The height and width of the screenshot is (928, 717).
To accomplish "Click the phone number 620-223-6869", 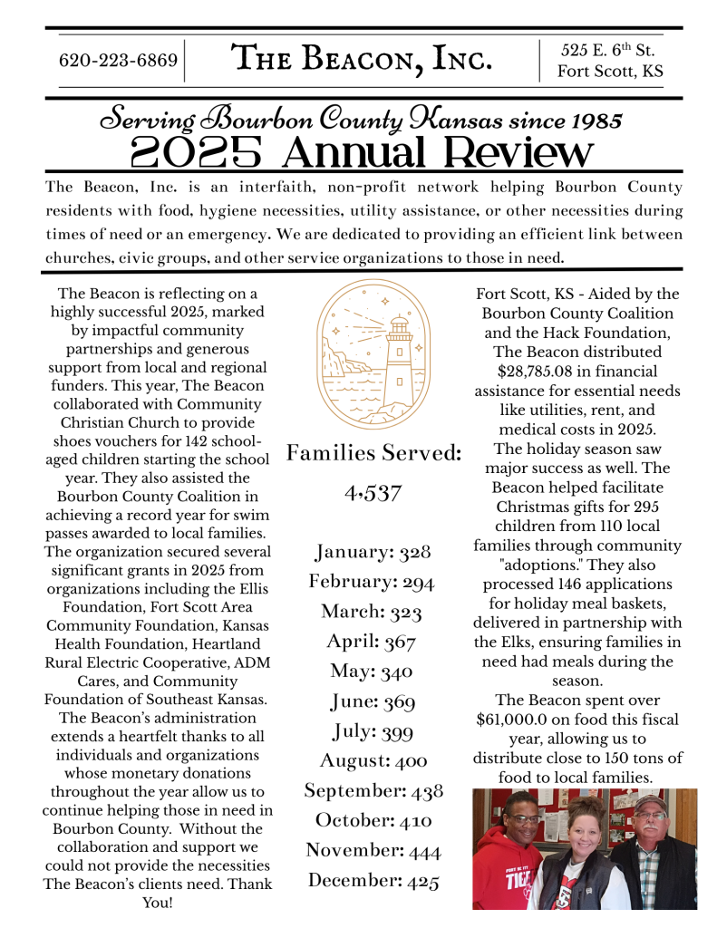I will tap(118, 62).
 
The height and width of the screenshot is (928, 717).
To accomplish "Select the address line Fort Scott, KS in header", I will tap(610, 72).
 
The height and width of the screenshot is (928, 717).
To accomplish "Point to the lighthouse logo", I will tap(374, 356).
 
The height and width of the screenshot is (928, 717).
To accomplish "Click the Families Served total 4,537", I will tap(373, 495).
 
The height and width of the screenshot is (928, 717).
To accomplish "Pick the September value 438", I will tap(427, 791).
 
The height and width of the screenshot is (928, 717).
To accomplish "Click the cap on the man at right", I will tap(649, 803).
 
